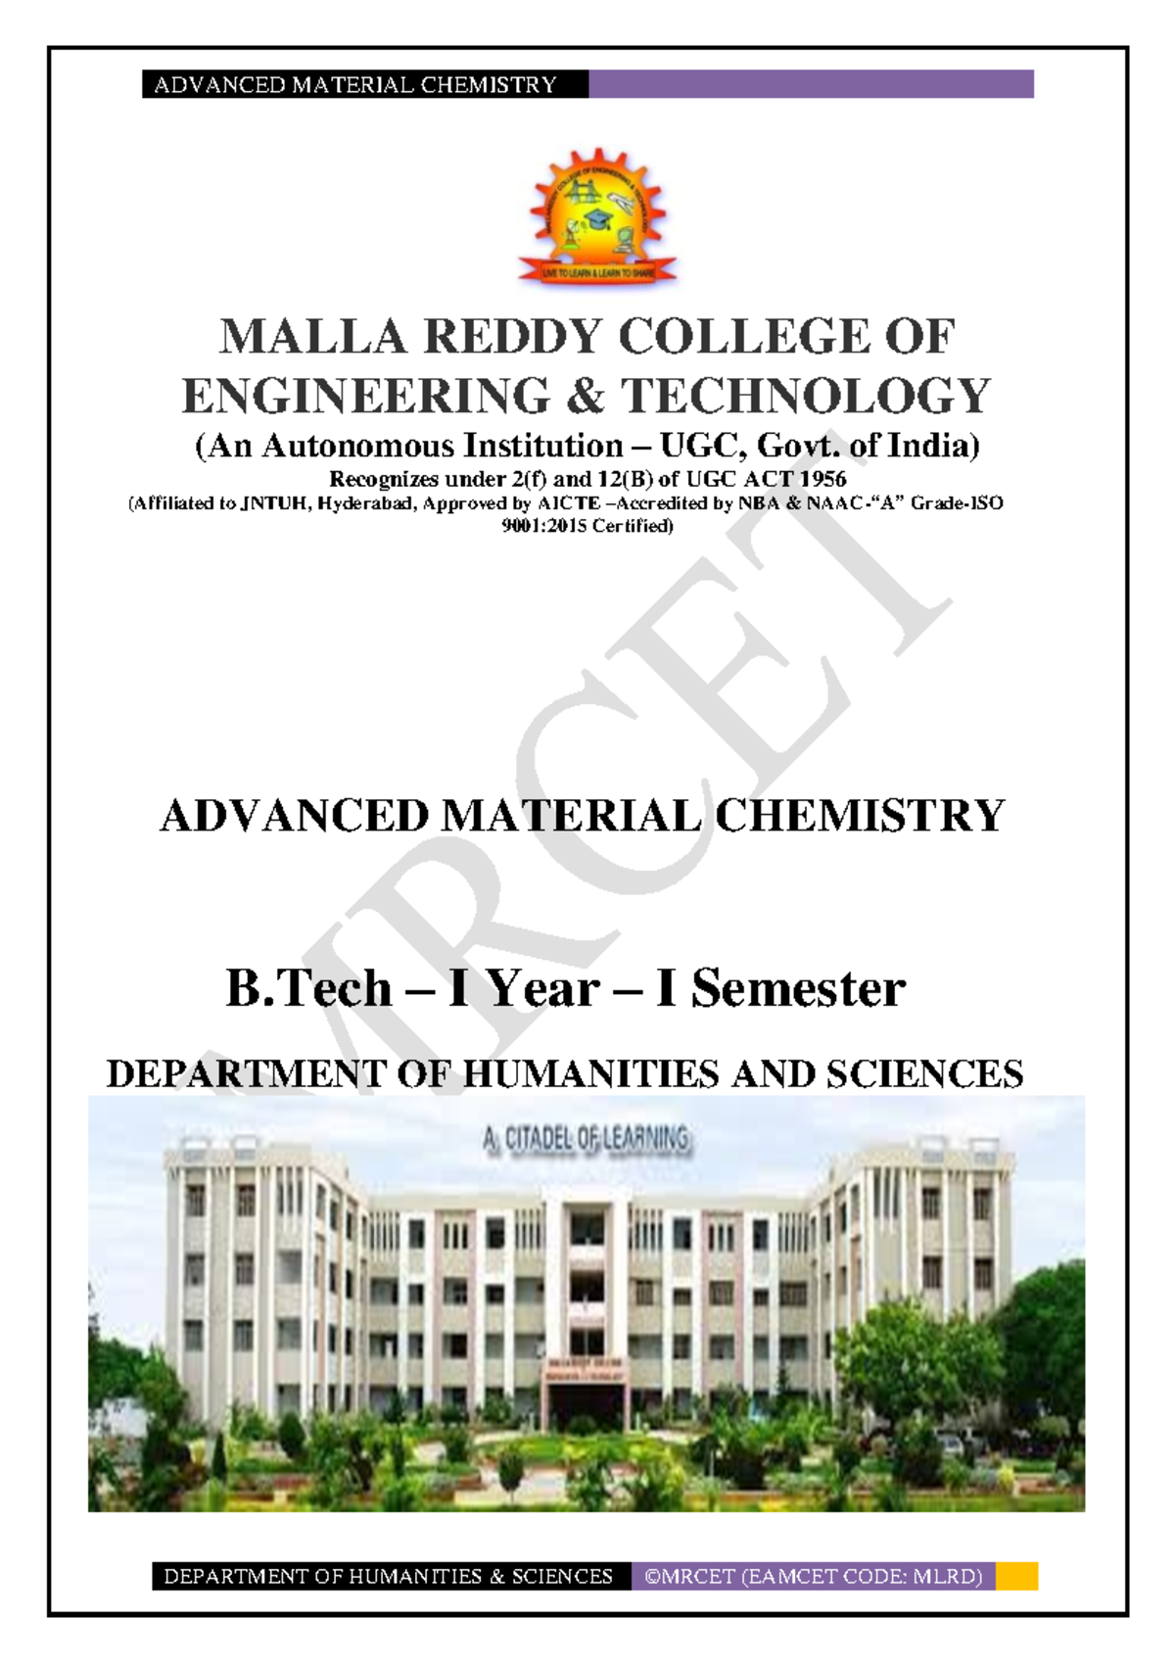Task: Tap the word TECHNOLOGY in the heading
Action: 807,397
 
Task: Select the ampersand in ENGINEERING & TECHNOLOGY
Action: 585,397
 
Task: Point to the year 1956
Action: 821,480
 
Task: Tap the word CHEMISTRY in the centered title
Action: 859,816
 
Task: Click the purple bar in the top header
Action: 811,84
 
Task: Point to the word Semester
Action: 797,988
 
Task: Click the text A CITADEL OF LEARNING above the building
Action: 586,1138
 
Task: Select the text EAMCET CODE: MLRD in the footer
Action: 862,1577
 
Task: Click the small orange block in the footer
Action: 1016,1576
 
